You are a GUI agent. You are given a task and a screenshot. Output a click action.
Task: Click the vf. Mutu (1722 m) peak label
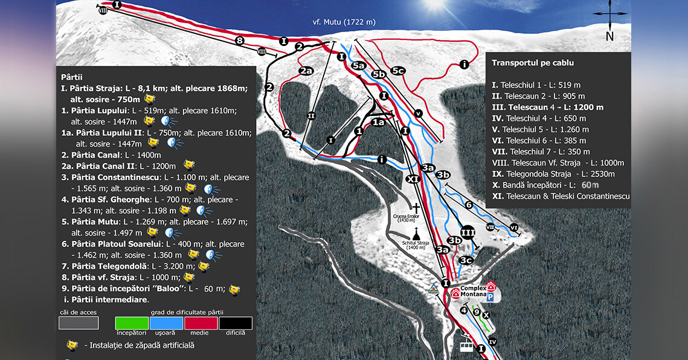[344, 22]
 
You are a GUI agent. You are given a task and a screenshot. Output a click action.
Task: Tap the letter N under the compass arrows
[609, 36]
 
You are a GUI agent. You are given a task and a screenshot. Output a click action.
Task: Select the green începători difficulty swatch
[131, 323]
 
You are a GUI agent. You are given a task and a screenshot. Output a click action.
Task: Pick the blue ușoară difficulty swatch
[166, 323]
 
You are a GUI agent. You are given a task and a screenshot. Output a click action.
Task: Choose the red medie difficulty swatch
[201, 323]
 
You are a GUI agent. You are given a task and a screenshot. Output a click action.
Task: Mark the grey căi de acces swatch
[79, 323]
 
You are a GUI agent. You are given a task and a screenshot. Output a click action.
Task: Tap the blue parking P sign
[490, 297]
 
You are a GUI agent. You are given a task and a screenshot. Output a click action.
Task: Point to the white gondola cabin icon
[466, 346]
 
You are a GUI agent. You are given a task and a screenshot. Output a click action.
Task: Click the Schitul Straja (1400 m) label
[416, 245]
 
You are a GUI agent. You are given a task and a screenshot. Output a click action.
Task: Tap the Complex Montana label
[473, 291]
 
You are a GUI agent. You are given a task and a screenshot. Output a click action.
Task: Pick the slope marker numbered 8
[239, 40]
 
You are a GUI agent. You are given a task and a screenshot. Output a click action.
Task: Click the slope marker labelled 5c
[398, 71]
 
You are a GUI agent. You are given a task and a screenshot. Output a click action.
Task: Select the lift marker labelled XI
[413, 179]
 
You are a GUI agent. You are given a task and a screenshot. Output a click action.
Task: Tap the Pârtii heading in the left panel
[72, 77]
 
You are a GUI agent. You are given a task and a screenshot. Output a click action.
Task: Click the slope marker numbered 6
[469, 205]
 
